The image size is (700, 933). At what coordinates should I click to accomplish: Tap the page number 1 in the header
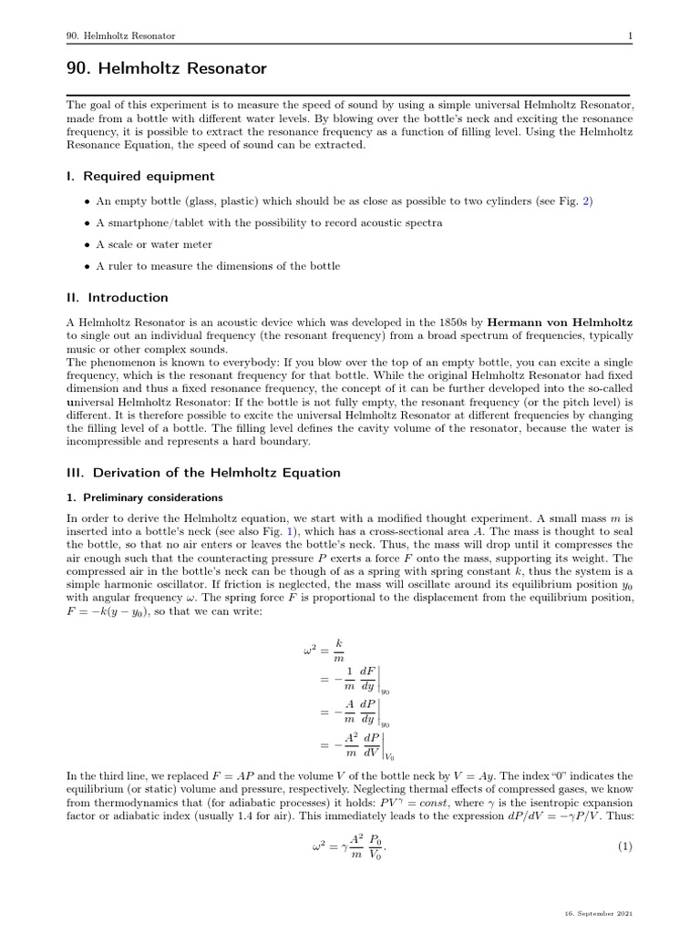pos(630,36)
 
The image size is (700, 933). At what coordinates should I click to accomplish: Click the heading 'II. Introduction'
pos(117,297)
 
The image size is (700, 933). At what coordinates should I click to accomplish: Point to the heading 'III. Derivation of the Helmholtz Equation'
pos(203,472)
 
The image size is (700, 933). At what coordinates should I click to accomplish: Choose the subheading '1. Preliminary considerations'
pos(146,497)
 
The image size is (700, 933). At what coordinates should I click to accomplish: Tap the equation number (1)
pos(624,846)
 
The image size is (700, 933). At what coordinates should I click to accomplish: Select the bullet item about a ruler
pos(218,266)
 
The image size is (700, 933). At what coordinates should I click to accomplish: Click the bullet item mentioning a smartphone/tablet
pos(269,222)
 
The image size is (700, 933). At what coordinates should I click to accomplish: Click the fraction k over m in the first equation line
pos(339,650)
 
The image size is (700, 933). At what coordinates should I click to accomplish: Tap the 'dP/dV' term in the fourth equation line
pos(371,744)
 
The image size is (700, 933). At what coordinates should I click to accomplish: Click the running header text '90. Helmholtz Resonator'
pos(121,36)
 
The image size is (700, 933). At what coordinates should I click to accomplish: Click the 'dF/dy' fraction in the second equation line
pos(367,680)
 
